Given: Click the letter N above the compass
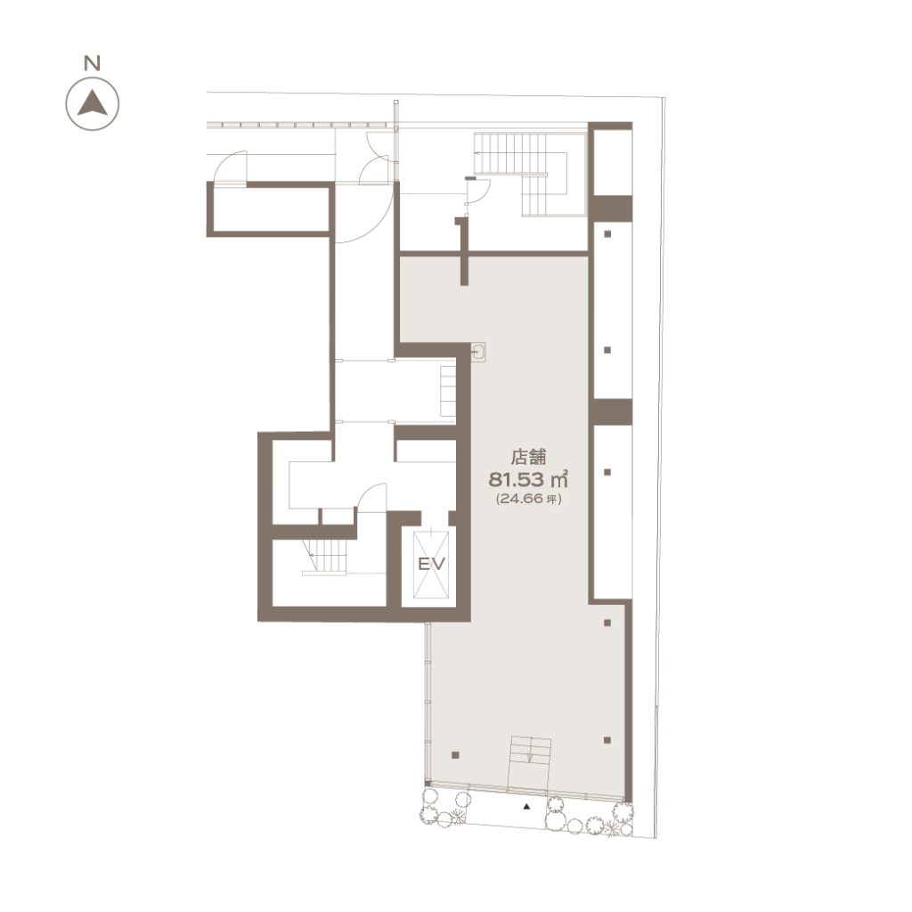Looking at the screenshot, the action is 92,63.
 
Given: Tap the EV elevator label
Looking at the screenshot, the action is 432,564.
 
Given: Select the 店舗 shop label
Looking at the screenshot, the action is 528,457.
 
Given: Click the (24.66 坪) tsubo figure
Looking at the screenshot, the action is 528,499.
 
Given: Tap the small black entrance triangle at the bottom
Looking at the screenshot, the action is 527,807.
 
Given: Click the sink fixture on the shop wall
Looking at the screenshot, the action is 478,352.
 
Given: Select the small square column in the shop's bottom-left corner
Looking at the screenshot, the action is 455,755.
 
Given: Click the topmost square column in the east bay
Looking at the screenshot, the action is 607,234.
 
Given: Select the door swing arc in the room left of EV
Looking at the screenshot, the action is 371,496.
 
